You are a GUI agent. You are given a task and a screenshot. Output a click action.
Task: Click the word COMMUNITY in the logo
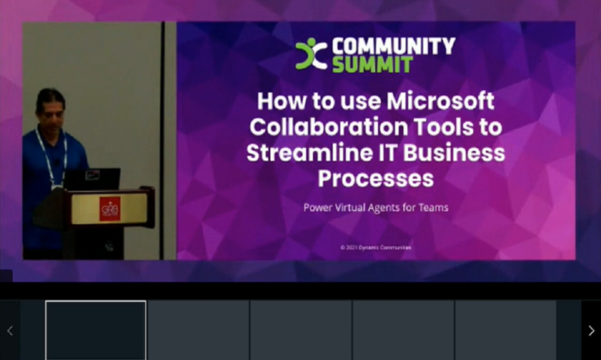[x=393, y=45]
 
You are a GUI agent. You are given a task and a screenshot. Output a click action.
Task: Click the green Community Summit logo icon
[x=311, y=54]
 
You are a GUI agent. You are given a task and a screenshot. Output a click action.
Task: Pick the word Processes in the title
[x=376, y=178]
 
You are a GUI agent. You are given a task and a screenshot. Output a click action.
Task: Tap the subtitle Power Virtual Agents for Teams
[x=375, y=208]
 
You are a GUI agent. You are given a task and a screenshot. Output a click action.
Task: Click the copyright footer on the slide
[x=376, y=247]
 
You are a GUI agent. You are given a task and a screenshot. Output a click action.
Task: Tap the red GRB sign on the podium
[x=110, y=209]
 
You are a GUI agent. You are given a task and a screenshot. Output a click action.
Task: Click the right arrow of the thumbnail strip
[x=591, y=330]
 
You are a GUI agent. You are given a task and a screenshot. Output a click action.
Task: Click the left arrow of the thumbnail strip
[x=9, y=330]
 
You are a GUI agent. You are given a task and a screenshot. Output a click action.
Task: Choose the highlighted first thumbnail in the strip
[x=95, y=329]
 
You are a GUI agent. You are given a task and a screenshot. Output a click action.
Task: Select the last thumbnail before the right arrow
[x=506, y=329]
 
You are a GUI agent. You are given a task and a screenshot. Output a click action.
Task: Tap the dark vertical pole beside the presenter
[x=163, y=141]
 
